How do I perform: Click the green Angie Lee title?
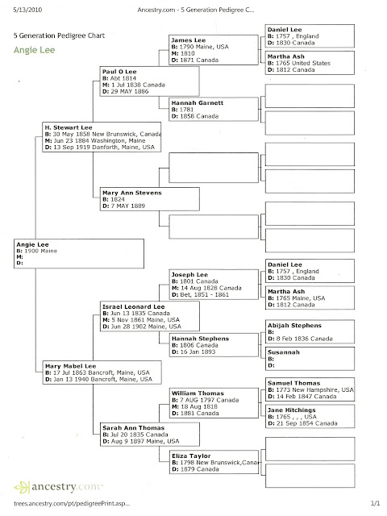pyautogui.click(x=34, y=50)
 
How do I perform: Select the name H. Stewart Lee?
pyautogui.click(x=69, y=127)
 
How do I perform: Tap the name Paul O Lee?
pyautogui.click(x=119, y=72)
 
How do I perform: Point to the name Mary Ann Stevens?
pyautogui.click(x=132, y=193)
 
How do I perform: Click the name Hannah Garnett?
pyautogui.click(x=197, y=102)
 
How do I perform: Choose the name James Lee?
pyautogui.click(x=188, y=40)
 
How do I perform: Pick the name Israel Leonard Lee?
pyautogui.click(x=133, y=306)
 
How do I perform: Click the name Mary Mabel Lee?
pyautogui.click(x=70, y=366)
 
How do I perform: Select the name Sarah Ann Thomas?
pyautogui.click(x=133, y=428)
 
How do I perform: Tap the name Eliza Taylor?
pyautogui.click(x=191, y=456)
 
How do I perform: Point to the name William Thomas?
pyautogui.click(x=198, y=393)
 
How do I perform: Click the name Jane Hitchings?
pyautogui.click(x=292, y=410)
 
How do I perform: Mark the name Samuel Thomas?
pyautogui.click(x=293, y=383)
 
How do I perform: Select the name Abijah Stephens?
pyautogui.click(x=294, y=326)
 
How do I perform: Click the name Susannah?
pyautogui.click(x=284, y=352)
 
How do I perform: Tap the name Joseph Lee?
pyautogui.click(x=189, y=274)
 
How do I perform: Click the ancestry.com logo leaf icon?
pyautogui.click(x=22, y=487)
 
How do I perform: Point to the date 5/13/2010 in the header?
pyautogui.click(x=27, y=10)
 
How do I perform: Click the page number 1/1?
pyautogui.click(x=375, y=503)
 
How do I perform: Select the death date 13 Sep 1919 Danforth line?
pyautogui.click(x=100, y=147)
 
